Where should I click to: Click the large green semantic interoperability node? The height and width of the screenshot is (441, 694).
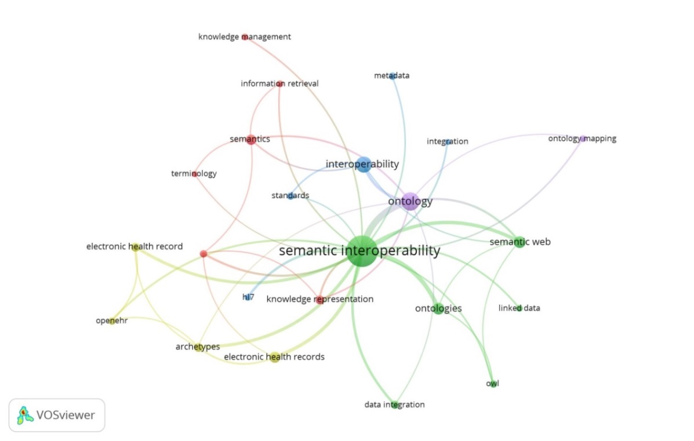pos(363,252)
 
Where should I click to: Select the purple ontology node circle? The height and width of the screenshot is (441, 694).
pos(410,201)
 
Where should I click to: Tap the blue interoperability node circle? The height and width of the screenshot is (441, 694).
pos(364,164)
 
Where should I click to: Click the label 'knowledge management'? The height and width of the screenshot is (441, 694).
pos(245,37)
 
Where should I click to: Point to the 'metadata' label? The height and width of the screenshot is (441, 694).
pos(391,75)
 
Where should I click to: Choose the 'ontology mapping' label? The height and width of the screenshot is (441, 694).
pos(582,139)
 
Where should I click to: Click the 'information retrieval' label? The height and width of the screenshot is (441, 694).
pos(279,83)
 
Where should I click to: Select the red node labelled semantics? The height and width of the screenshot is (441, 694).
pos(250,139)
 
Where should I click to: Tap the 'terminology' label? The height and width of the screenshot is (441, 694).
pos(194,173)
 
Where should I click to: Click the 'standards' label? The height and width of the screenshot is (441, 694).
pos(290,196)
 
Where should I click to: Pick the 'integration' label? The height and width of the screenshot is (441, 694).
pos(447,141)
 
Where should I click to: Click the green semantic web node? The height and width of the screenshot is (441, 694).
pos(519,242)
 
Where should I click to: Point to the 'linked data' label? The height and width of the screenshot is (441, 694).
pos(519,308)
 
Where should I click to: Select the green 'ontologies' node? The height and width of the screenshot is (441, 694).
pos(439,308)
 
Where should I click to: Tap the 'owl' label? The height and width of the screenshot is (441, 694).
pos(492,383)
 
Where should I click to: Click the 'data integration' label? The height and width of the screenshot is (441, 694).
pos(394,404)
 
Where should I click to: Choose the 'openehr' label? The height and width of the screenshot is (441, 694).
pos(111,320)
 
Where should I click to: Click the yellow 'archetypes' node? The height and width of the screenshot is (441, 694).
pos(199,347)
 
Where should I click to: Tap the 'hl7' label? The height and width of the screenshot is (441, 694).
pos(248,297)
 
